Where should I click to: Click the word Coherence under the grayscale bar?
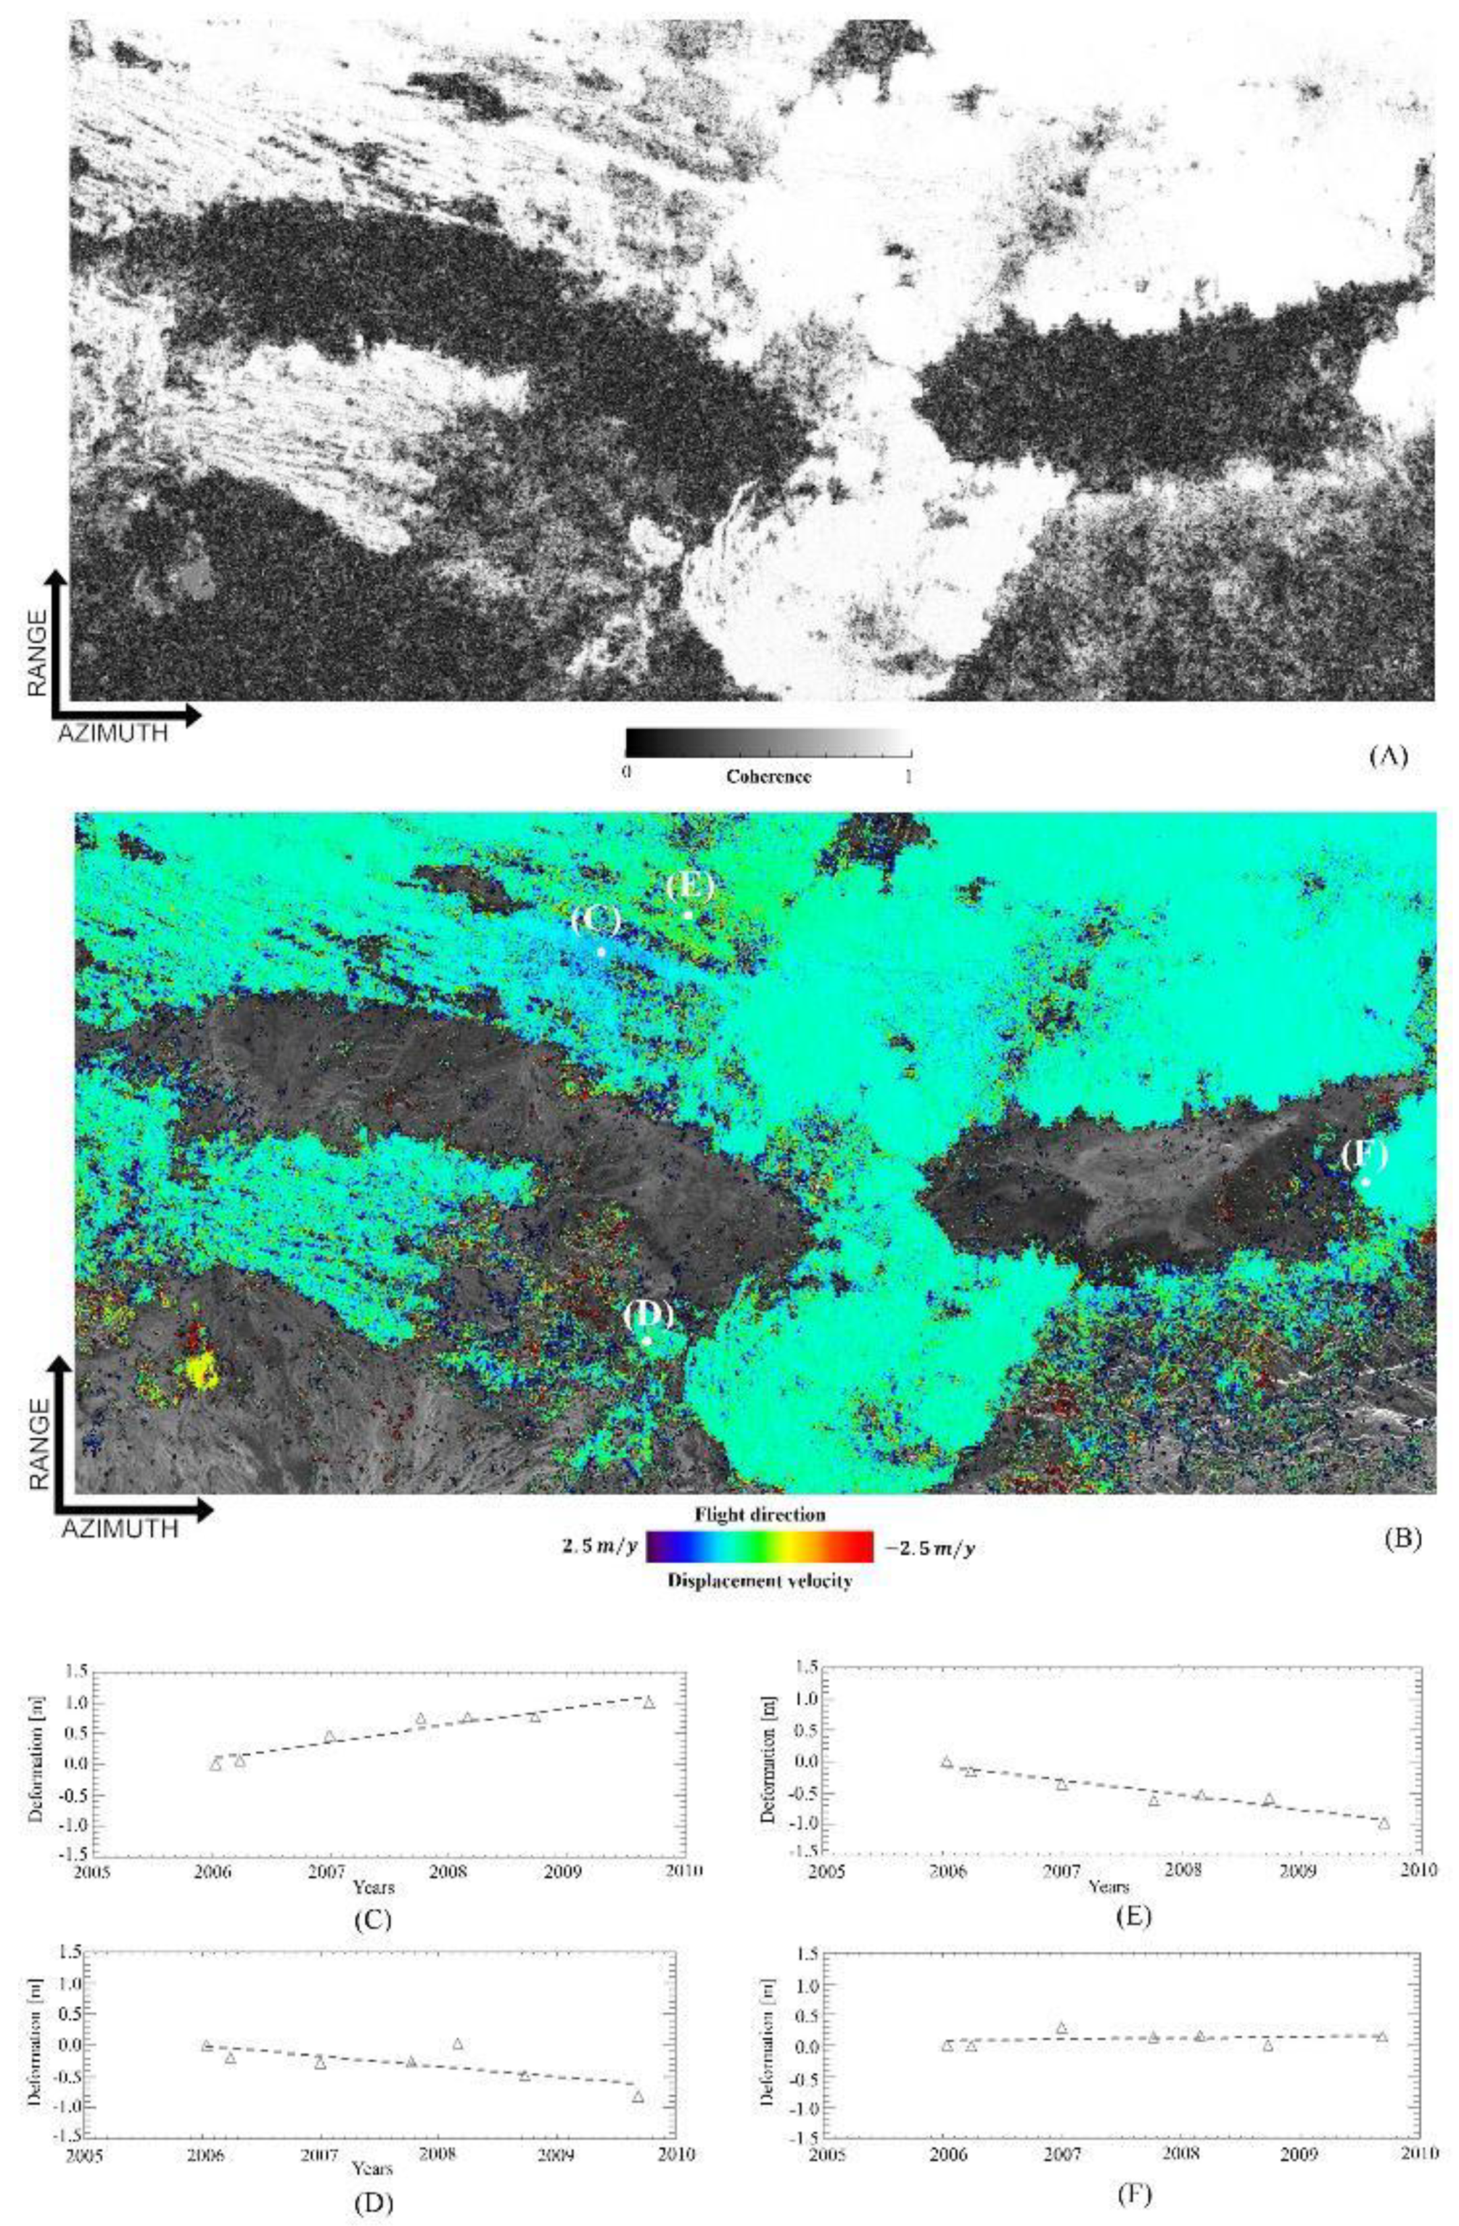point(767,777)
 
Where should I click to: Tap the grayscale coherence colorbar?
point(767,743)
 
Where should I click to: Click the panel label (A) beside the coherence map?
point(1387,755)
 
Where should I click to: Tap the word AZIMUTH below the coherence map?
point(114,732)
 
